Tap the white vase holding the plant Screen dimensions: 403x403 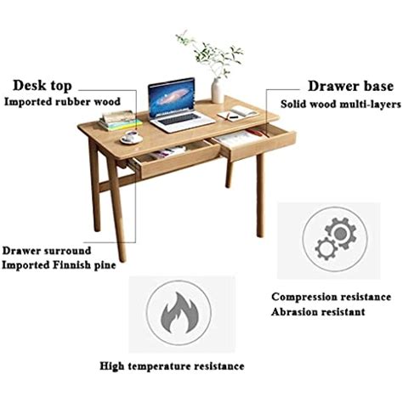tap(218, 90)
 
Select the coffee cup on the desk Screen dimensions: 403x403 tap(131, 136)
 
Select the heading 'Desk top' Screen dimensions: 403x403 tap(43, 86)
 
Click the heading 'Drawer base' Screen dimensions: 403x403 tap(350, 86)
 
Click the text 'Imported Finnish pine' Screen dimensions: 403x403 tap(59, 265)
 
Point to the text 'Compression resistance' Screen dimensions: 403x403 tap(331, 297)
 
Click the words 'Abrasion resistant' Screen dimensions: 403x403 tap(318, 312)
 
